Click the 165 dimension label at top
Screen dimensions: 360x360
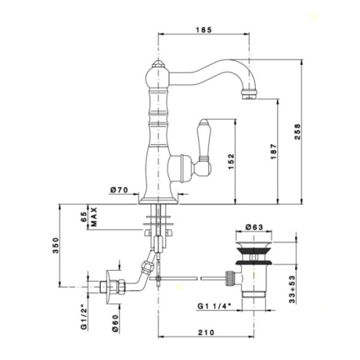pyautogui.click(x=204, y=30)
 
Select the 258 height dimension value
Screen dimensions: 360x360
pyautogui.click(x=297, y=132)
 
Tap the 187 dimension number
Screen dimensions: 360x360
pyautogui.click(x=274, y=152)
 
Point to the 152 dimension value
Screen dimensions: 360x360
pyautogui.click(x=231, y=161)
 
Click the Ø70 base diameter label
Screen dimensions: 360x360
pyautogui.click(x=119, y=190)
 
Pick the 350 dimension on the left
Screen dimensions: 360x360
pyautogui.click(x=55, y=246)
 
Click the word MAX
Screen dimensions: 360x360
pyautogui.click(x=94, y=217)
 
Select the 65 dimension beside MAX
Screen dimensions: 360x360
pyautogui.click(x=84, y=217)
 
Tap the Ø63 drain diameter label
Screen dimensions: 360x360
pyautogui.click(x=254, y=227)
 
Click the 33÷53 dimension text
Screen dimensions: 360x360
pyautogui.click(x=292, y=289)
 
